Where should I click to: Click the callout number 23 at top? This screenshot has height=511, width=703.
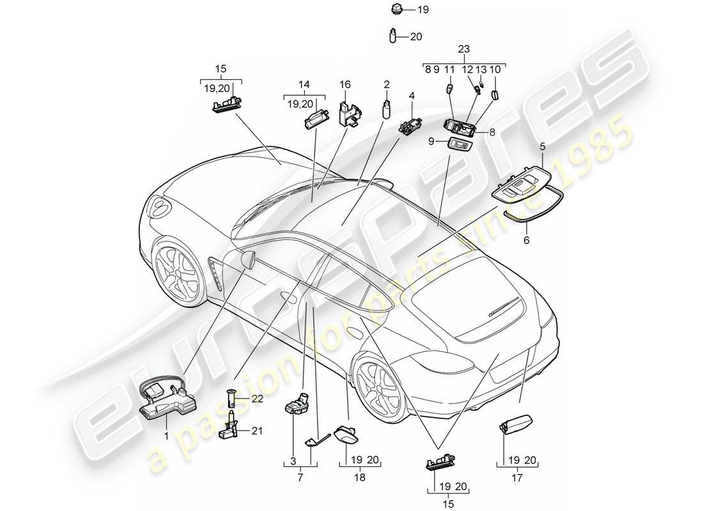[464, 49]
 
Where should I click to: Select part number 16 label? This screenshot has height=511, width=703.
[345, 84]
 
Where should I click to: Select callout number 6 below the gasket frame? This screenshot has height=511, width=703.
[527, 241]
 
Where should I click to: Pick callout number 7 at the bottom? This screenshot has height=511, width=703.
[301, 477]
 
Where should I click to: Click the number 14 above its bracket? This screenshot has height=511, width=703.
[304, 84]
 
